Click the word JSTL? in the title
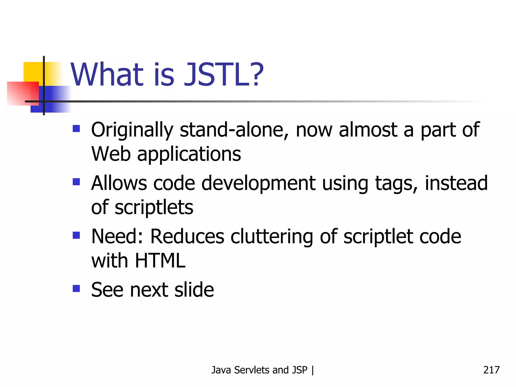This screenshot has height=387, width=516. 224,75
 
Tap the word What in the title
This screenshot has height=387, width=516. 107,75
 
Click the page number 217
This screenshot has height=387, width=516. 491,370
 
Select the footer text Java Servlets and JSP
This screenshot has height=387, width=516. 259,370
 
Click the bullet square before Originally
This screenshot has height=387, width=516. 76,129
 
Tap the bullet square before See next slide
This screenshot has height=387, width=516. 76,288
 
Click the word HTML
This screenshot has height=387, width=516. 160,261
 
